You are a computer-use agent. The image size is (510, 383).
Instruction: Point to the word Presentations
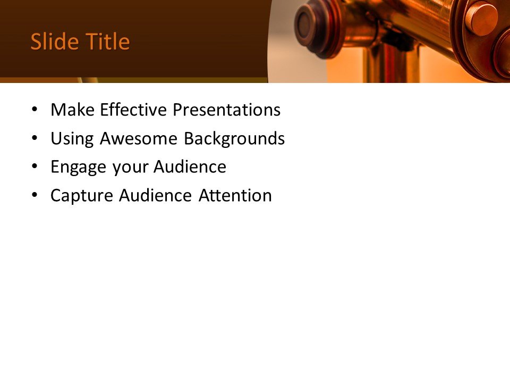(x=227, y=110)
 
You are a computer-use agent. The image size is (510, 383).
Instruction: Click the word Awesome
(x=139, y=139)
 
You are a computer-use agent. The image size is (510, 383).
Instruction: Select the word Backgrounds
(x=234, y=139)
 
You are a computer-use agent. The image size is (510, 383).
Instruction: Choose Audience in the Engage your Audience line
(x=190, y=167)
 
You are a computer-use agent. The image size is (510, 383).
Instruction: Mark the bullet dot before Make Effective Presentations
(x=35, y=110)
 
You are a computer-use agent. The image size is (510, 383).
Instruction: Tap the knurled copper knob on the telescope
(x=481, y=19)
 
